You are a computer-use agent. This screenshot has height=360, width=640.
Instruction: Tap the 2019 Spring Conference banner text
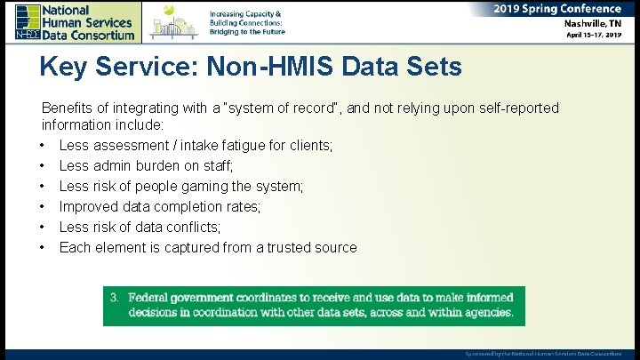(x=557, y=9)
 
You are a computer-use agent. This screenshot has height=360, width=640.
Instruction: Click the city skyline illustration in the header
(x=174, y=21)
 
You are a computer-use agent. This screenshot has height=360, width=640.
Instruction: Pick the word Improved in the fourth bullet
(x=88, y=207)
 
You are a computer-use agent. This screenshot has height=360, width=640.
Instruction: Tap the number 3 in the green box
(x=114, y=296)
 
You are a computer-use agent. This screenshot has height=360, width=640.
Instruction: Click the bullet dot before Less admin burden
(x=42, y=166)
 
